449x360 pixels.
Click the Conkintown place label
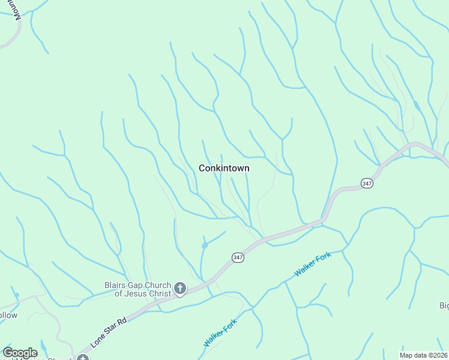click(x=224, y=169)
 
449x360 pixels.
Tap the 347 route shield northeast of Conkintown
click(x=367, y=183)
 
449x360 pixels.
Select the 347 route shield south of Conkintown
click(x=238, y=257)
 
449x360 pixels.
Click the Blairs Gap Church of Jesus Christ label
click(x=136, y=289)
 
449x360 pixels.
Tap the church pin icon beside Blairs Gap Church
click(x=179, y=289)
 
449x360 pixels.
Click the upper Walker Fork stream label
click(x=313, y=264)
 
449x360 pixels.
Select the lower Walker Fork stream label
click(x=220, y=332)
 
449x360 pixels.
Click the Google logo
click(x=20, y=353)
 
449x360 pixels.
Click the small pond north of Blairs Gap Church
click(x=205, y=245)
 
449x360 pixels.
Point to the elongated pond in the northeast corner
click(x=417, y=106)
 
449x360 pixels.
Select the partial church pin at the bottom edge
click(x=82, y=358)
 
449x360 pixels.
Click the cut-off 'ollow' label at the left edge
click(x=8, y=315)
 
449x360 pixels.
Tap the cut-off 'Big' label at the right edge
click(x=444, y=305)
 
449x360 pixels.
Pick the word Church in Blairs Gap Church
click(x=155, y=285)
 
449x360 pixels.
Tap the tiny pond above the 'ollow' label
click(x=16, y=295)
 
